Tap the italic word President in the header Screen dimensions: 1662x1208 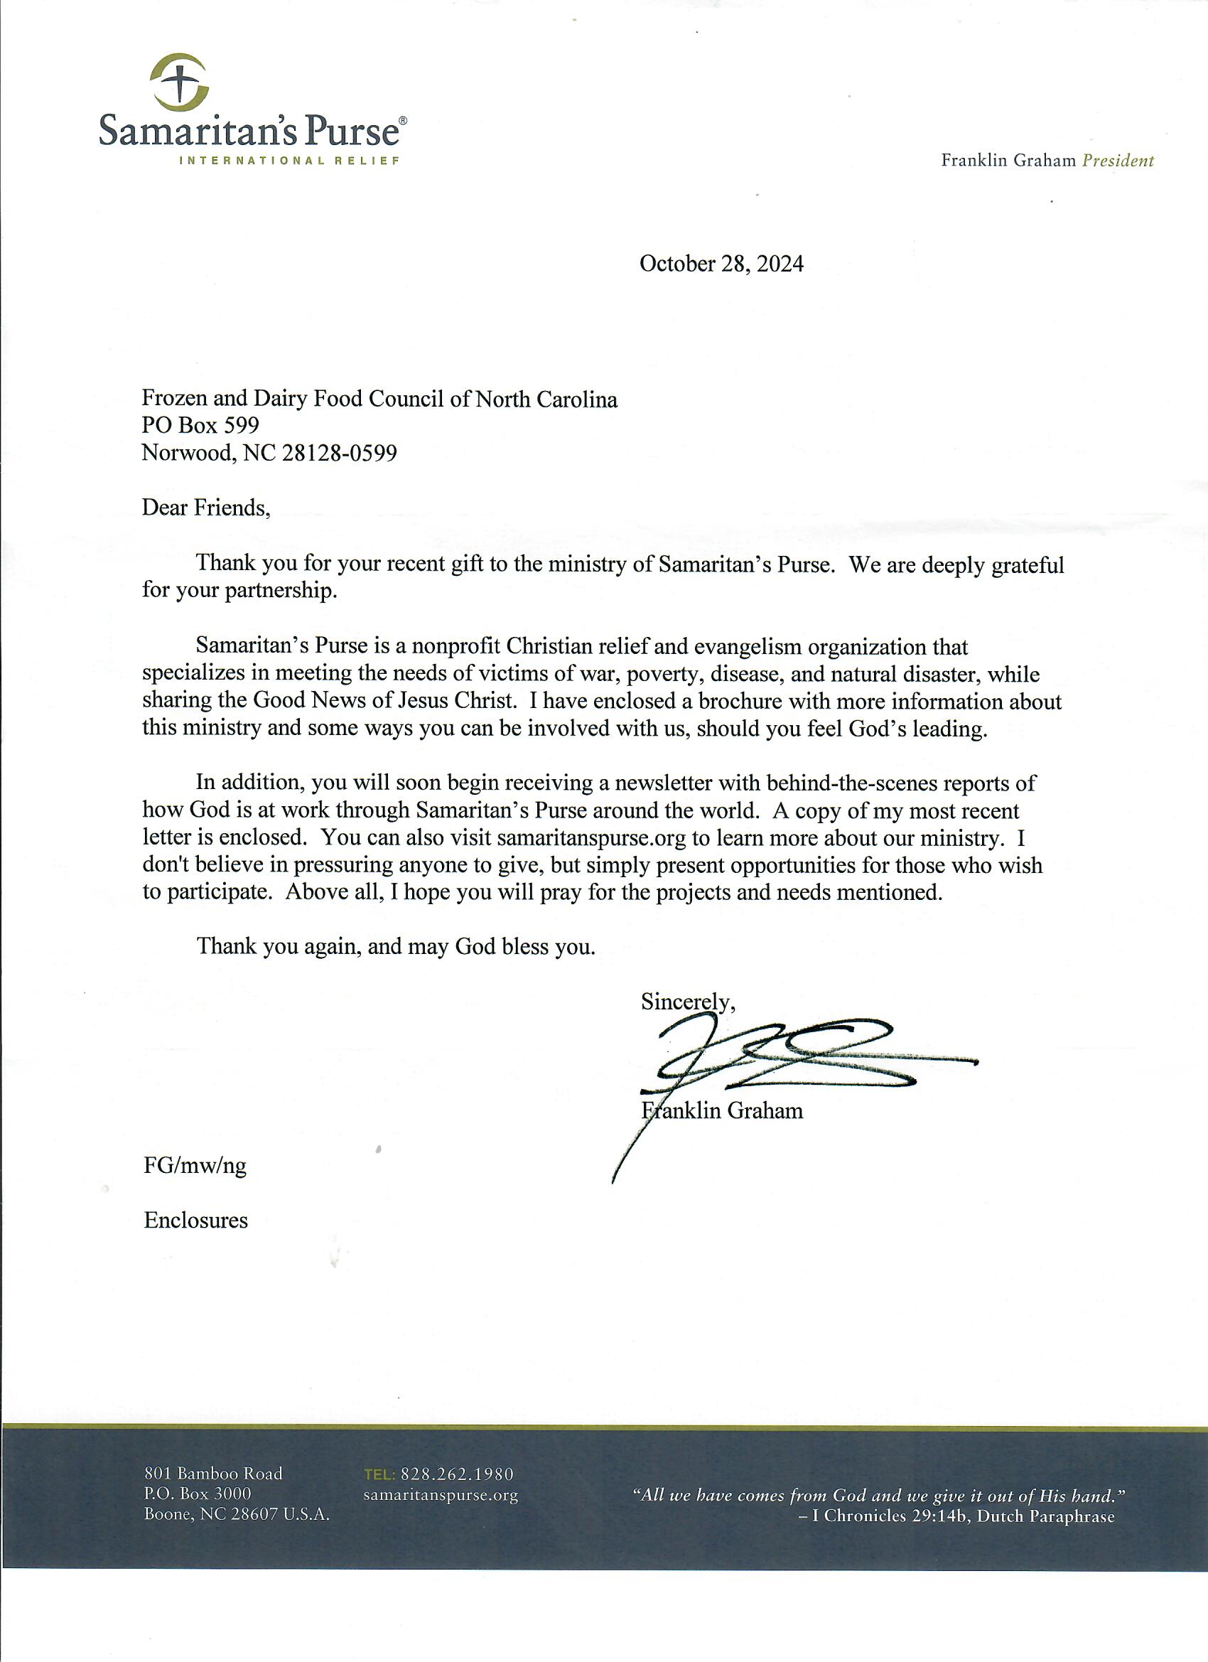coord(1117,161)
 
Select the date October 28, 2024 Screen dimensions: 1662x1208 coord(721,264)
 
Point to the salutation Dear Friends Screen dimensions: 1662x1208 coord(206,508)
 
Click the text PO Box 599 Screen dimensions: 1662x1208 coord(200,426)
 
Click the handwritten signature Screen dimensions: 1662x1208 coord(791,1055)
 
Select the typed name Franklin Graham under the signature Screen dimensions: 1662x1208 coord(722,1111)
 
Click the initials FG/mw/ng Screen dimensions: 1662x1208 coord(195,1166)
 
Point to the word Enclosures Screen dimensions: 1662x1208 coord(195,1221)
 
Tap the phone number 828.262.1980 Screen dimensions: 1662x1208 coord(457,1474)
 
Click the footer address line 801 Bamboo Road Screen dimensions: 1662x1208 coord(213,1474)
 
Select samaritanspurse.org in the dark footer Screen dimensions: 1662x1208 coord(441,1495)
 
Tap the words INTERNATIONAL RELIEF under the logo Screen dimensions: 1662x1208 coord(290,161)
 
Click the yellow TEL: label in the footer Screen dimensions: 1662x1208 coord(379,1474)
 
